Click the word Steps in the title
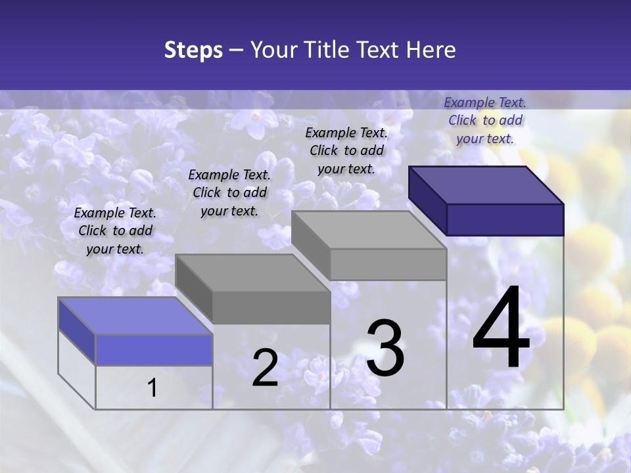tap(193, 50)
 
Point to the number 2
tap(265, 368)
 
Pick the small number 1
tap(152, 388)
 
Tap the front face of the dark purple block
tap(505, 219)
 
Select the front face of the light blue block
tap(154, 349)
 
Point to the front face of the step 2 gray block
tap(271, 307)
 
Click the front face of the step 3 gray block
tap(388, 264)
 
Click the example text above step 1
tap(115, 231)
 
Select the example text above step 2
tap(229, 192)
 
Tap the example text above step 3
tap(346, 150)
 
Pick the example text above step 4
tap(485, 120)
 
